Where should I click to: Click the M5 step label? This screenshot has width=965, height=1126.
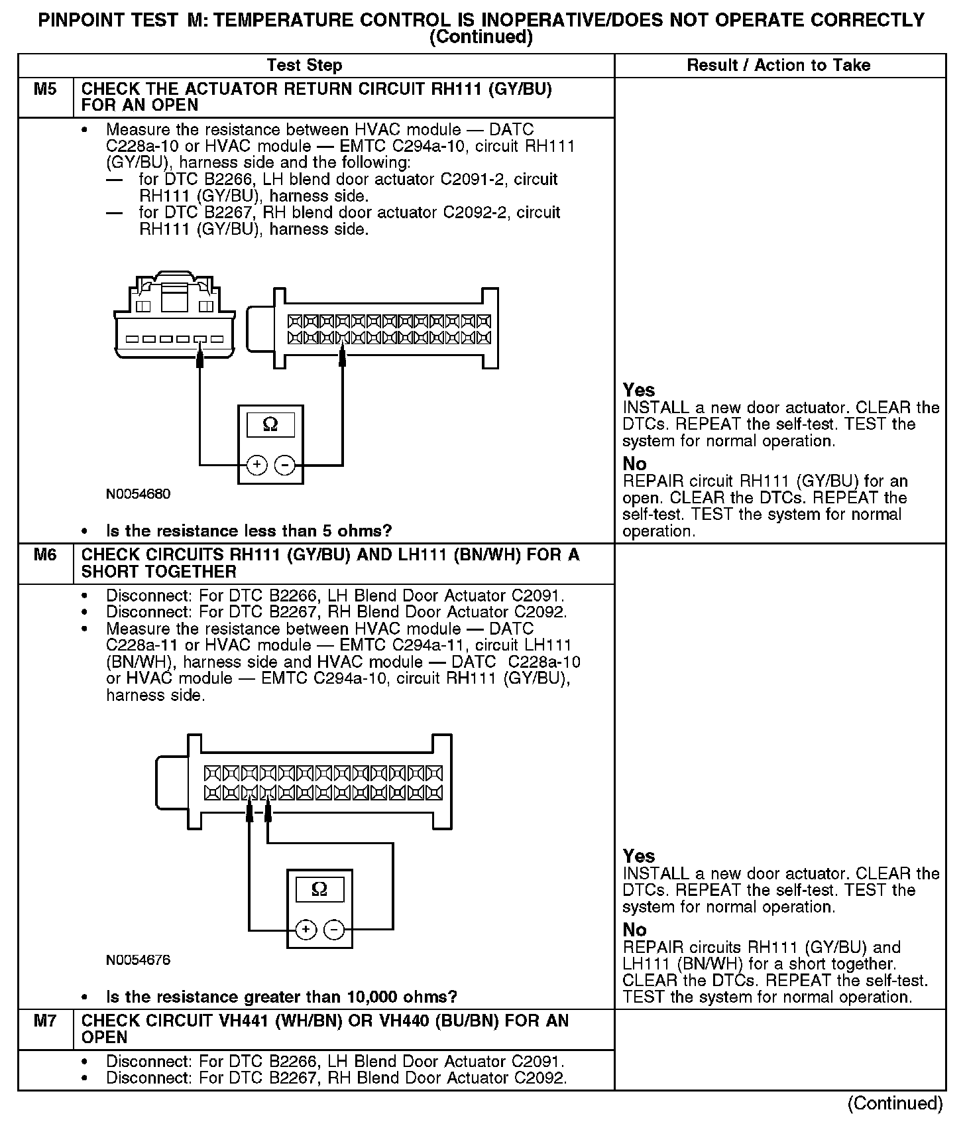click(x=45, y=90)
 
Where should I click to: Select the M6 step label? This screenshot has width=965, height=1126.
click(x=45, y=555)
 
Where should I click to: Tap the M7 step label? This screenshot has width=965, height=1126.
click(x=45, y=1021)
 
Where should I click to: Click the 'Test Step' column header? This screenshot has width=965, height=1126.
click(x=304, y=65)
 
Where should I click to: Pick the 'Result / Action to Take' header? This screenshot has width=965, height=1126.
click(x=779, y=65)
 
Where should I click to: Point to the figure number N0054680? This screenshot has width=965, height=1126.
click(x=138, y=494)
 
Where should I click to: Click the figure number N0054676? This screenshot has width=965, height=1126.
click(x=138, y=960)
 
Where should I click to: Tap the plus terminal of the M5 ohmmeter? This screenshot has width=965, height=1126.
click(x=257, y=466)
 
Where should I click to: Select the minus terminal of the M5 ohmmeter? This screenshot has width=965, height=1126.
click(x=285, y=466)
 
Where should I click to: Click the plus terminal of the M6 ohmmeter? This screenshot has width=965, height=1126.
click(x=306, y=930)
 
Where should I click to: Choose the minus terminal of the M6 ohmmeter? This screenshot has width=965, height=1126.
click(x=334, y=930)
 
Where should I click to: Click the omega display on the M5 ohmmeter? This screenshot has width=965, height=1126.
click(x=270, y=424)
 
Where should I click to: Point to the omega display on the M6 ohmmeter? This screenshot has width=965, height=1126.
click(x=319, y=890)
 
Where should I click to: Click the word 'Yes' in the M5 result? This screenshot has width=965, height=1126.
click(x=639, y=391)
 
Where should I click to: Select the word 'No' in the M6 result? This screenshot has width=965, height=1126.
click(x=634, y=930)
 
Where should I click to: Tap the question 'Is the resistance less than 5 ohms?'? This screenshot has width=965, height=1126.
click(x=249, y=531)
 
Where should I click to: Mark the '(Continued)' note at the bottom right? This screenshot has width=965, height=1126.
click(x=895, y=1103)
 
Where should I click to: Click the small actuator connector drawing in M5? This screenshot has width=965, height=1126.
click(x=174, y=315)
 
